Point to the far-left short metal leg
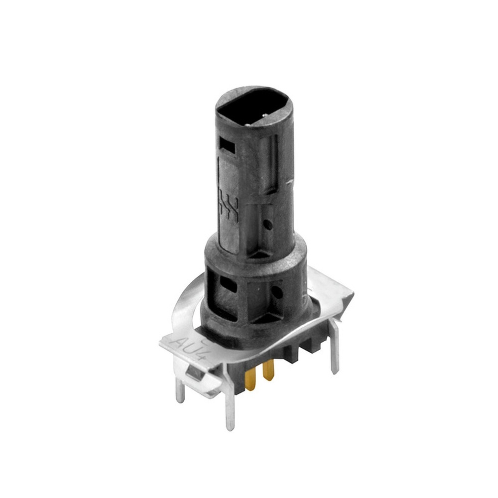[x=180, y=390]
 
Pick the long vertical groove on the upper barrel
[x=273, y=164]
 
